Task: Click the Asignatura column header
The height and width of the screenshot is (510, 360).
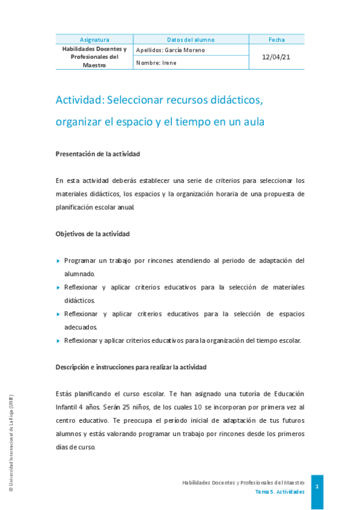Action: [x=94, y=40]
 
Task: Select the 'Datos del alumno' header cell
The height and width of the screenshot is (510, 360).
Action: [x=191, y=40]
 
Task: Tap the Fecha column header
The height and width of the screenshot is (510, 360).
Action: [x=276, y=40]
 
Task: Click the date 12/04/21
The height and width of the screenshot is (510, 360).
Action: [x=276, y=57]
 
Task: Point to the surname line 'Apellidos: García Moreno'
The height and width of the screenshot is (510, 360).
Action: [x=171, y=50]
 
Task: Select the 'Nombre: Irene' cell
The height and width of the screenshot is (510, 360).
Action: [x=156, y=63]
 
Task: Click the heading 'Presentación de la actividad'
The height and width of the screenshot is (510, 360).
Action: [x=97, y=154]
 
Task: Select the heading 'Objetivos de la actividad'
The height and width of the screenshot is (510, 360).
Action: [x=93, y=233]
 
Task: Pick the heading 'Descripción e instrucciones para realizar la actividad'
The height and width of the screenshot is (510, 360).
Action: [x=131, y=367]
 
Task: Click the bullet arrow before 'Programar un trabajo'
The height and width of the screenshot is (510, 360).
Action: [x=58, y=261]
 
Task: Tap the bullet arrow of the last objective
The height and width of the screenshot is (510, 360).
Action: [x=58, y=341]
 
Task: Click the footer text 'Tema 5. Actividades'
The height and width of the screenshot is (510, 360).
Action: [x=279, y=491]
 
